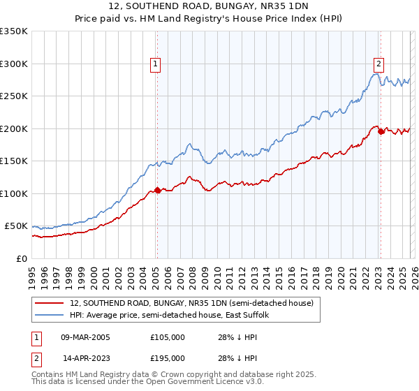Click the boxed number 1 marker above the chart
point(155,64)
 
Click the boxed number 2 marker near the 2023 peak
point(378,64)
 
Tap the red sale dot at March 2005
point(157,190)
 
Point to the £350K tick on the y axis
point(14,31)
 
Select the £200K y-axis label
point(14,128)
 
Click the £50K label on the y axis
point(17,226)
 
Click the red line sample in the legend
point(50,304)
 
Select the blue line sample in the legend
point(50,316)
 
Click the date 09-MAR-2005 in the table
point(85,337)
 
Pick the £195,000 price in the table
point(168,357)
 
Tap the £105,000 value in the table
point(168,337)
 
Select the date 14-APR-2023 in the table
point(87,357)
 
